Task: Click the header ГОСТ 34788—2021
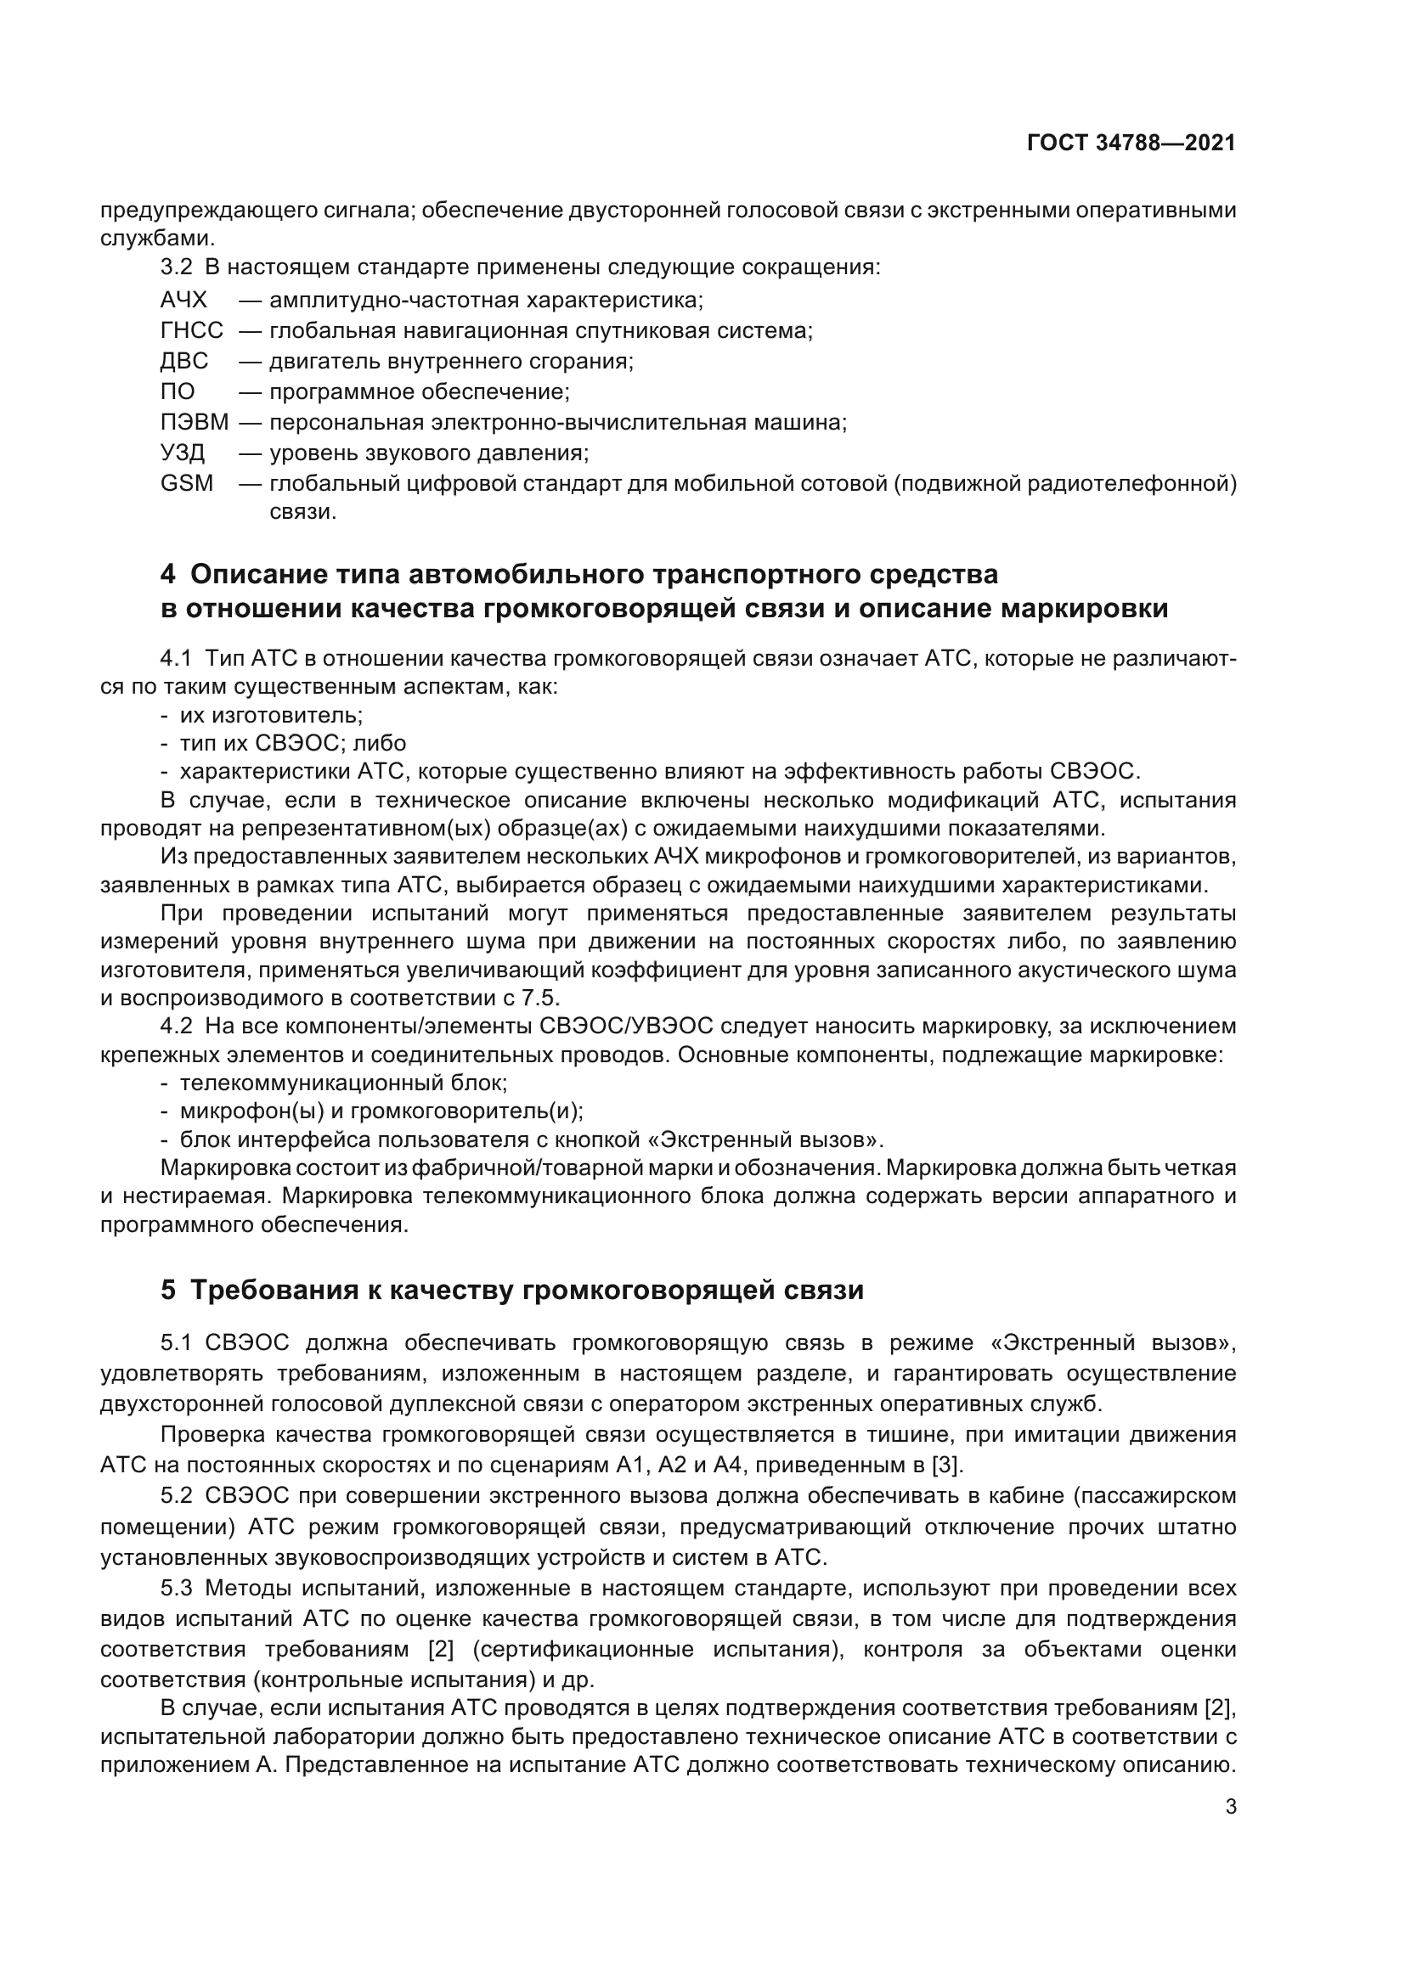(1131, 143)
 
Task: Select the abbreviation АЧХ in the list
(183, 300)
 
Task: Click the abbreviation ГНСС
(191, 330)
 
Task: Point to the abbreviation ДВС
(184, 361)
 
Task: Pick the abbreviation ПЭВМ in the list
(195, 422)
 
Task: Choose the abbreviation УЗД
(183, 453)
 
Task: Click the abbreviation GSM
(186, 482)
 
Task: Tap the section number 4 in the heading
(168, 573)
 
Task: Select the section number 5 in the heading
(168, 1290)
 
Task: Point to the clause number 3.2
(176, 267)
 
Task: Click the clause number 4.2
(176, 1027)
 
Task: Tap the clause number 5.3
(176, 1588)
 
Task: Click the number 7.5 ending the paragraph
(541, 998)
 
